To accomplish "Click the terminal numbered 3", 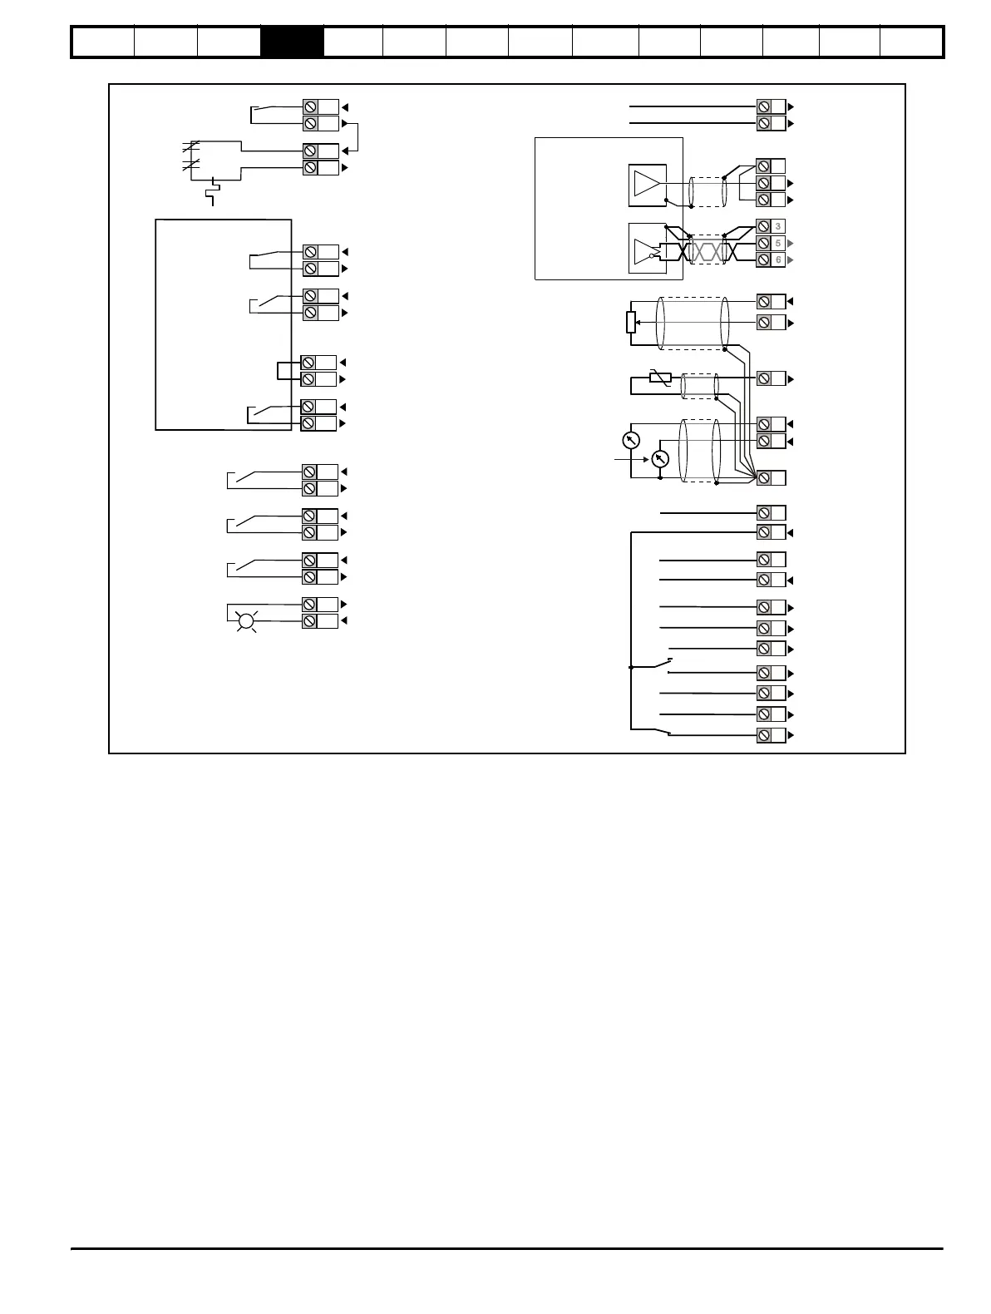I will coord(771,226).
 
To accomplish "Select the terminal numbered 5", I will coord(771,243).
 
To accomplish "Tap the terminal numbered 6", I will coord(771,259).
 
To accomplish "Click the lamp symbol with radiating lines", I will coord(245,620).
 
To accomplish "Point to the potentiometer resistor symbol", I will coord(631,322).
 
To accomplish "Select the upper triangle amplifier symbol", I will coord(648,183).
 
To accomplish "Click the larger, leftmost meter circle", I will coord(631,440).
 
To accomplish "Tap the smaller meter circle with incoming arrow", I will coord(660,458).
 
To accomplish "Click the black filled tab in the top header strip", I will coord(292,42).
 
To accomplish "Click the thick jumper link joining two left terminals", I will coord(284,371).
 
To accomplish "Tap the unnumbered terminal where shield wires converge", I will coord(771,477).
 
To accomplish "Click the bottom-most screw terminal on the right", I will coord(771,735).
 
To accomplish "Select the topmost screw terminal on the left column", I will coord(320,106).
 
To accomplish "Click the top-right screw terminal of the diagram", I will coord(771,106).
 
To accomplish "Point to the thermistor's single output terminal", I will coord(771,378).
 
